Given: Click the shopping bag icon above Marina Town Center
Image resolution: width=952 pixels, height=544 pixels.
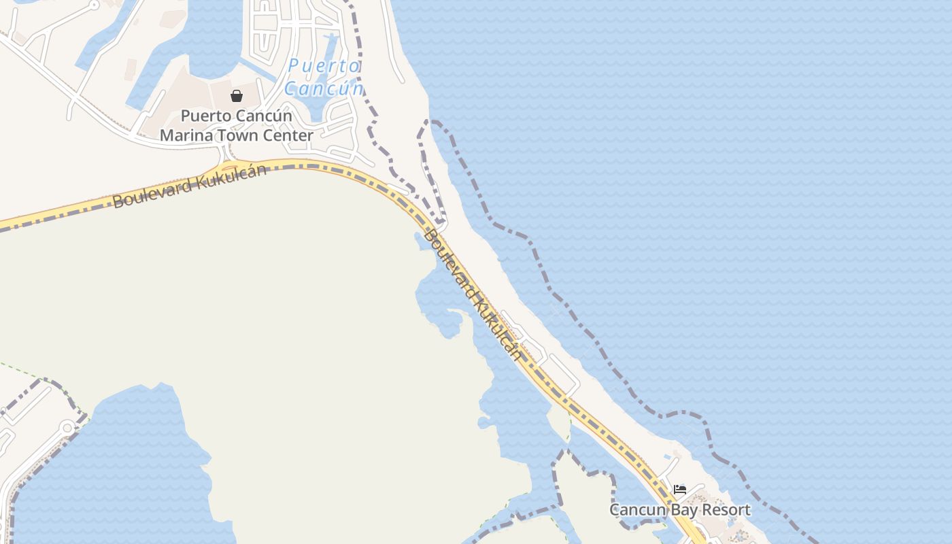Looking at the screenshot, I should tap(237, 96).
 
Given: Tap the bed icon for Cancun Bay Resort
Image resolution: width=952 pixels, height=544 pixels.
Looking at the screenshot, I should tap(679, 490).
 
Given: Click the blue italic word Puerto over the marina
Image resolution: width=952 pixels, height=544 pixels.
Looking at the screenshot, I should tap(324, 67).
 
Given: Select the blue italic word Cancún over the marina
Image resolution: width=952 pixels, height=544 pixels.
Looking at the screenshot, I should tap(324, 88).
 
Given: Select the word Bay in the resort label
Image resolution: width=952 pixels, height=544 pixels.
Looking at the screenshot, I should tap(685, 511).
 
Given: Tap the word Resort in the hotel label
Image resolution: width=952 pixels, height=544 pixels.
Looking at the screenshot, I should tap(728, 510).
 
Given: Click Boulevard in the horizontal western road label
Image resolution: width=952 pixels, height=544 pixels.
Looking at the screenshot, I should tap(152, 194).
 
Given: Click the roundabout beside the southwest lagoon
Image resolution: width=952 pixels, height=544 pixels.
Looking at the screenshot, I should tap(67, 427).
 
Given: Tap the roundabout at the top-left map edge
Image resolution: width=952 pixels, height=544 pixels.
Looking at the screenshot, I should tap(94, 5).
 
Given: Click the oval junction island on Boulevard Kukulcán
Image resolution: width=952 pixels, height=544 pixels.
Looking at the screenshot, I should tap(228, 167).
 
